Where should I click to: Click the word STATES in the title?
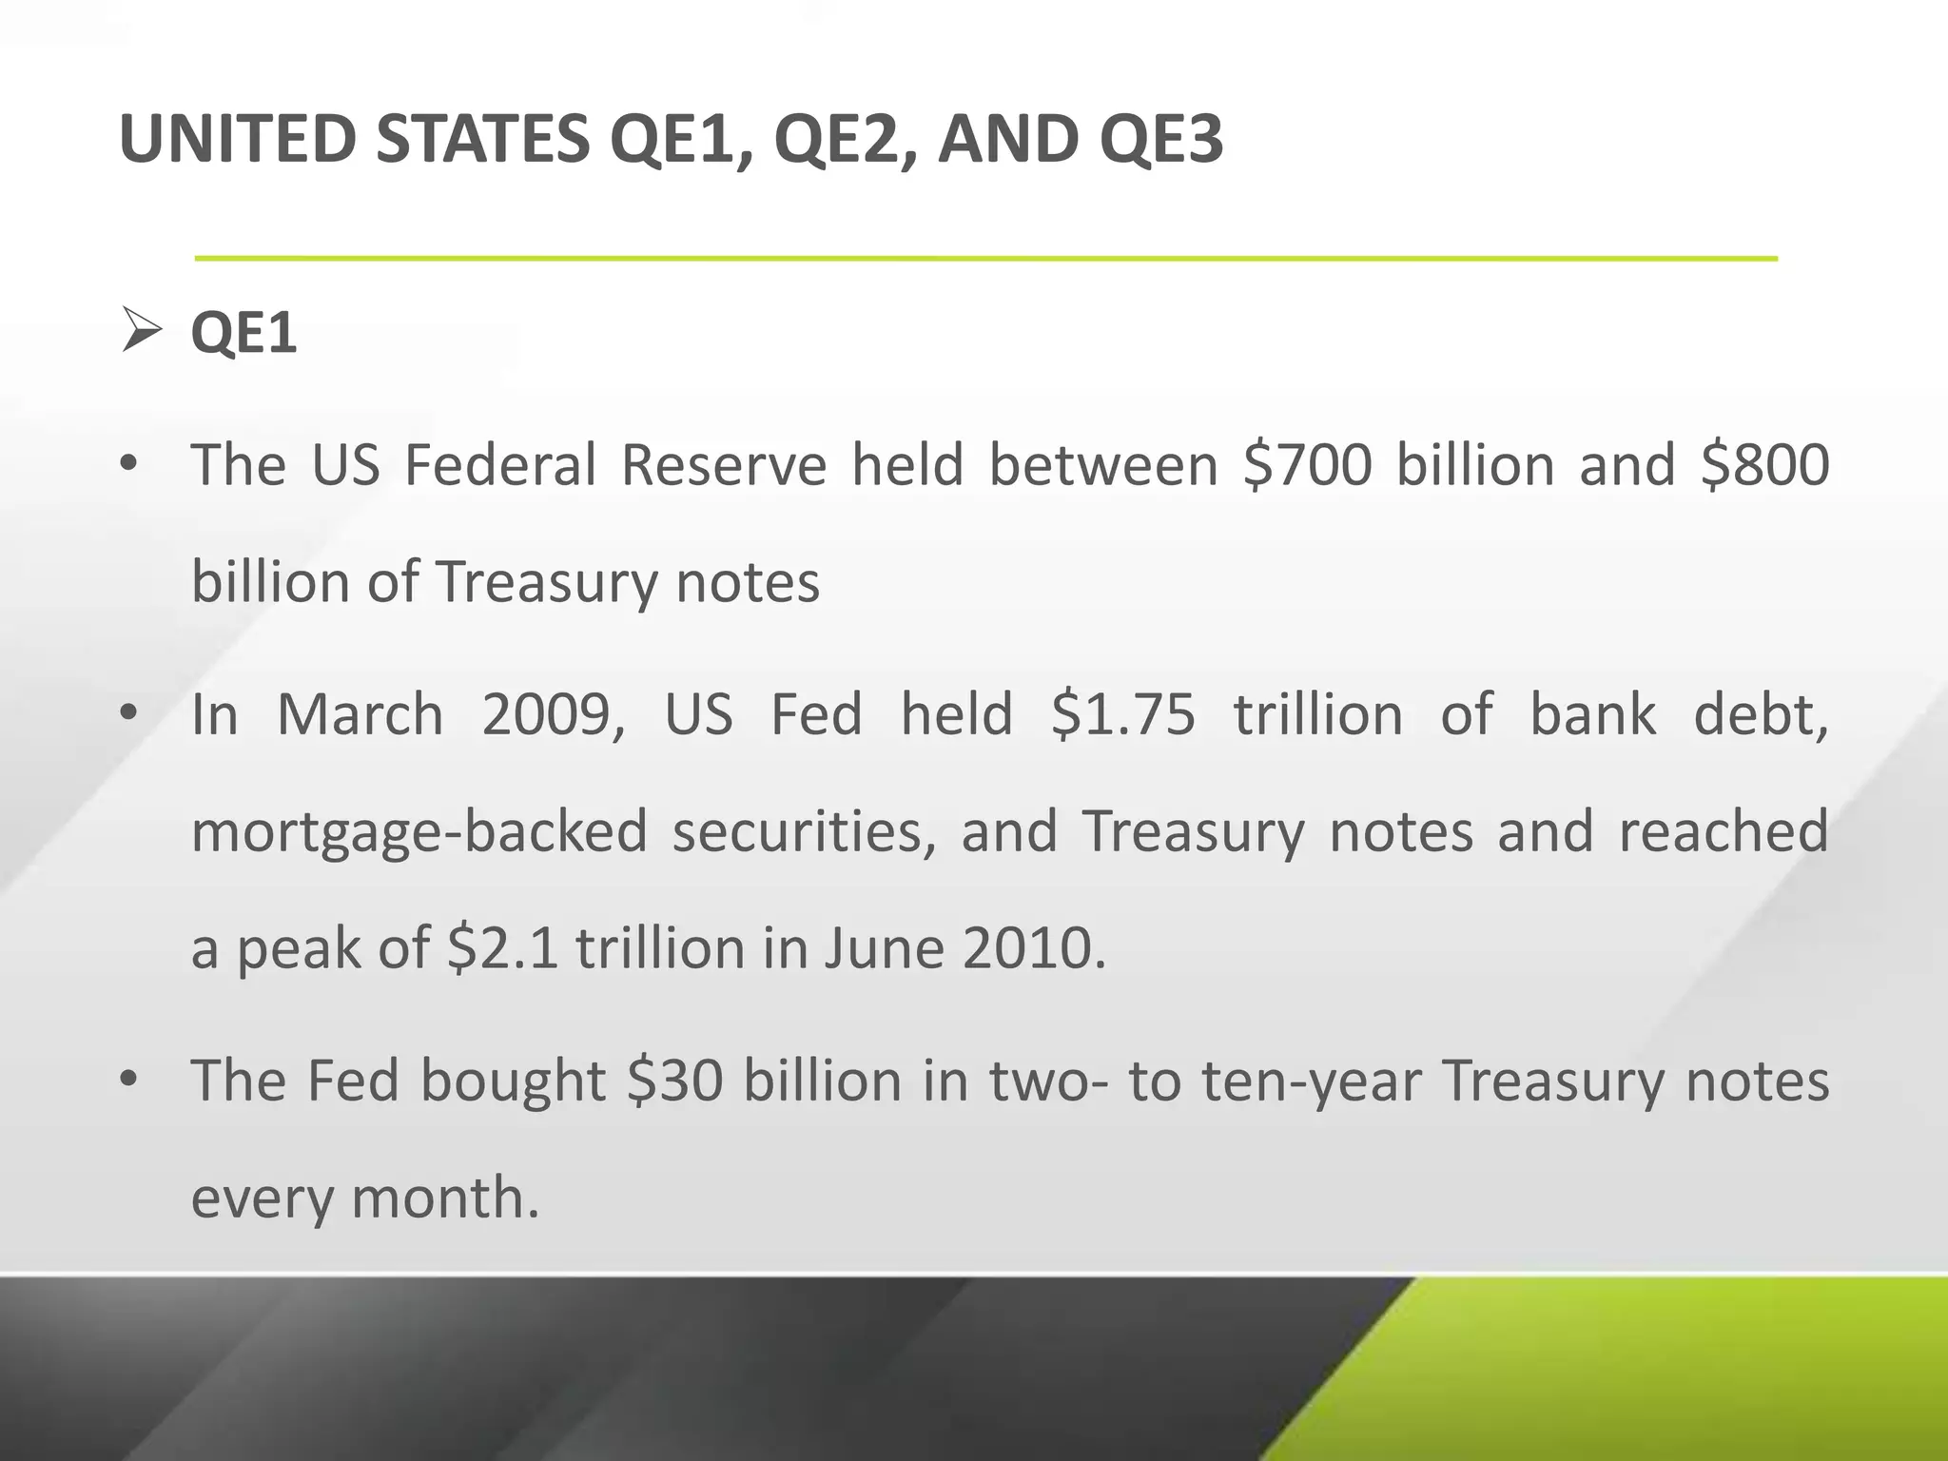[x=482, y=139]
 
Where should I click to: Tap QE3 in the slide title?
[x=1160, y=139]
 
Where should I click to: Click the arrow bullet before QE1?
[x=142, y=332]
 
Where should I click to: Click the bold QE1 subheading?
[x=244, y=332]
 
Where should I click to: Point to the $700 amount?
[x=1308, y=465]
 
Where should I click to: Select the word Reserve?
[x=724, y=465]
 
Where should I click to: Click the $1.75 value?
[x=1122, y=714]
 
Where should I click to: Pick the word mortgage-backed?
[x=419, y=831]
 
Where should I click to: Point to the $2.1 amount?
[x=502, y=948]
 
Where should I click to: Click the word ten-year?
[x=1311, y=1082]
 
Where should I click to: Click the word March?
[x=360, y=714]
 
